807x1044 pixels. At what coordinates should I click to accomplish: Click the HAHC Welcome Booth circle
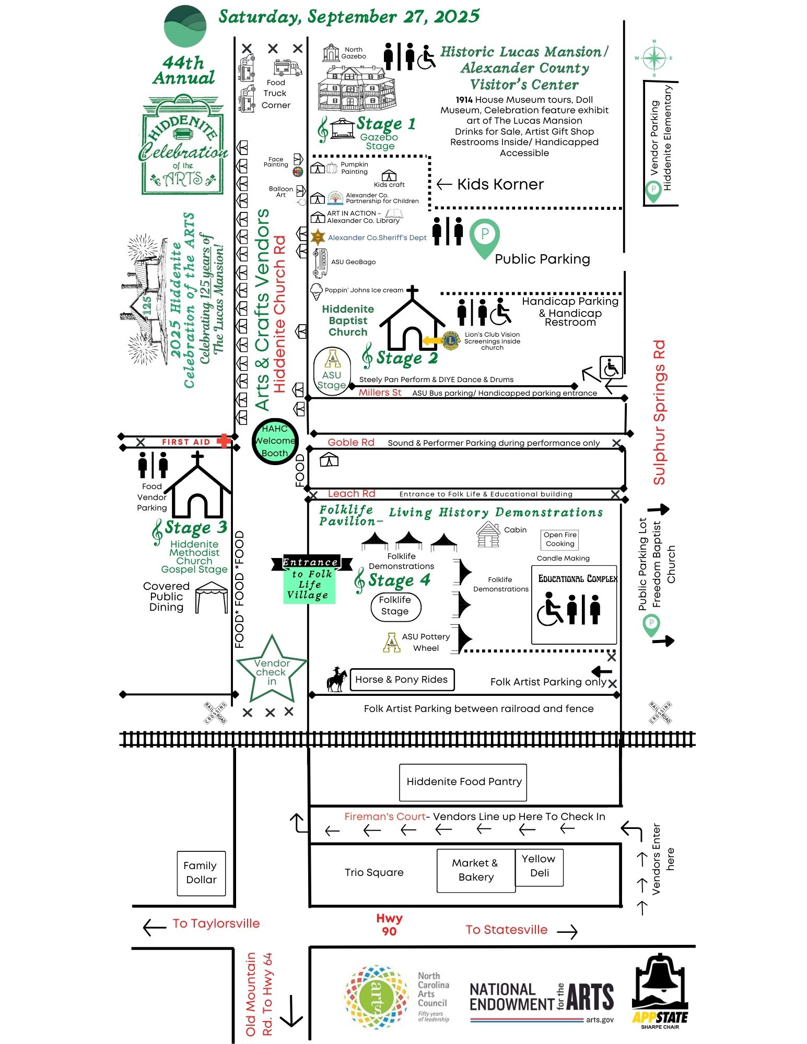tap(275, 441)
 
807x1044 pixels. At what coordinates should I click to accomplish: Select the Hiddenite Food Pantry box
tap(463, 782)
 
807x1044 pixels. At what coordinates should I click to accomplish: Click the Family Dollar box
tap(201, 873)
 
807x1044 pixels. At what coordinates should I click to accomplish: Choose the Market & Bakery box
tap(475, 871)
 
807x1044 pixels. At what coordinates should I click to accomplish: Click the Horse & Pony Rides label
tap(401, 680)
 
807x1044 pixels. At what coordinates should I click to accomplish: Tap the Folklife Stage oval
tap(395, 607)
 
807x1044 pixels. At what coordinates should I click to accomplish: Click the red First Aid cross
tap(224, 441)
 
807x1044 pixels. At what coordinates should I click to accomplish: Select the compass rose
tap(653, 58)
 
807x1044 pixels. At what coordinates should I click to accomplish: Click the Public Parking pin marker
tap(484, 238)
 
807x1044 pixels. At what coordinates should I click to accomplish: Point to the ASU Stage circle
tap(332, 372)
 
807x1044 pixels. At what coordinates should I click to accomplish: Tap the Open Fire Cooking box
tap(560, 539)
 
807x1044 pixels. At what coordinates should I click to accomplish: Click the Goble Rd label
tap(351, 443)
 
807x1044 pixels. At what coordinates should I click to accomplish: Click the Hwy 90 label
tap(389, 924)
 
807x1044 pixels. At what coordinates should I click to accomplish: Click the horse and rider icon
tap(336, 680)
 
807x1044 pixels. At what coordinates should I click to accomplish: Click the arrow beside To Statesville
tap(567, 932)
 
